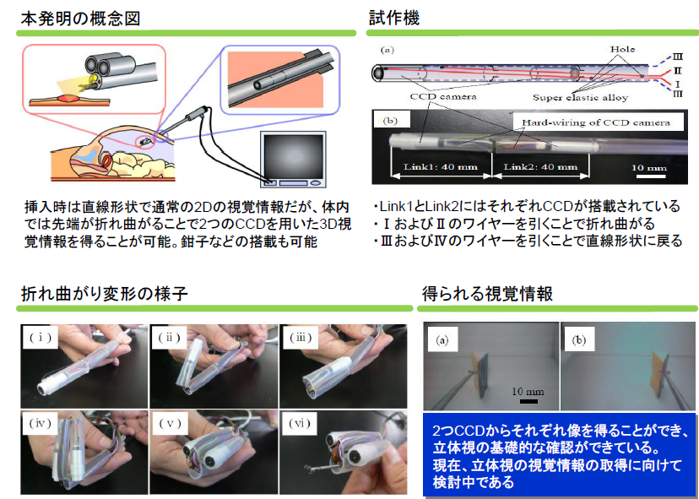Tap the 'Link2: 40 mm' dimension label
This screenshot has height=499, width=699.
tap(537, 166)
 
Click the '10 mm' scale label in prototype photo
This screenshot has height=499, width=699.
tap(652, 167)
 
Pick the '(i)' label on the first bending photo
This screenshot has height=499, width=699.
tap(40, 337)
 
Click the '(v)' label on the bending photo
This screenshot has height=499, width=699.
tap(171, 423)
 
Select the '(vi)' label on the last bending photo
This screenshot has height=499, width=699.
tap(301, 423)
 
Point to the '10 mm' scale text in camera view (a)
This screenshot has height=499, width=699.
tap(529, 392)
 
